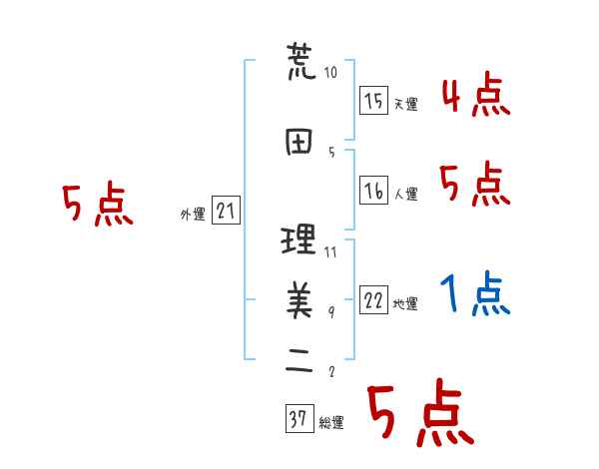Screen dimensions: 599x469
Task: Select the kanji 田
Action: (299, 141)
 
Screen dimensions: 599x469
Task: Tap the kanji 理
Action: (299, 240)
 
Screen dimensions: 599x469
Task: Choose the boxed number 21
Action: (226, 211)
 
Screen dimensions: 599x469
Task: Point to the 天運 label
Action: (405, 104)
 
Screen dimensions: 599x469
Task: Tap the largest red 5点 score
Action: (417, 414)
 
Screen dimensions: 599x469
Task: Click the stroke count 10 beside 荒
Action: (331, 73)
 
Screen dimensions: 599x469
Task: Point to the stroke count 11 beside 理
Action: (330, 251)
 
